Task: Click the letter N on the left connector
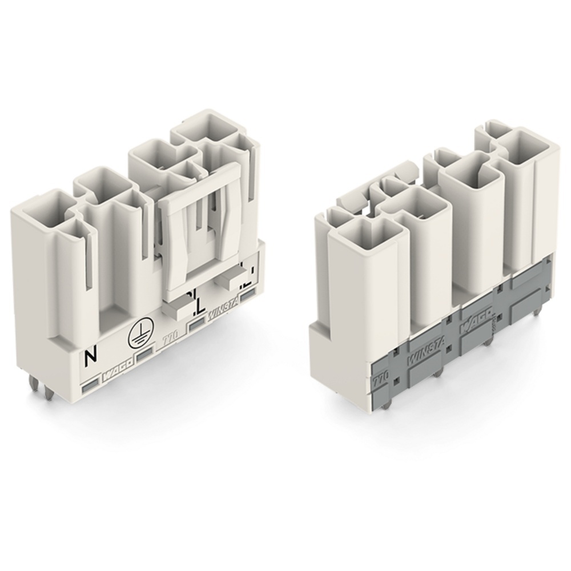click(90, 358)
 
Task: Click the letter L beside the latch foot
click(198, 307)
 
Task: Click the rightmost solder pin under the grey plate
click(539, 309)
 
